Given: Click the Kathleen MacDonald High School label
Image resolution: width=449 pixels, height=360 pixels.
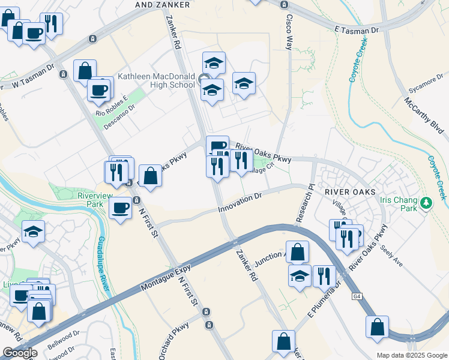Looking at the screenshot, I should pos(156,80).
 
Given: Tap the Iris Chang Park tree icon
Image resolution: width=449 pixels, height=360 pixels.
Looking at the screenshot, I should pos(427,203).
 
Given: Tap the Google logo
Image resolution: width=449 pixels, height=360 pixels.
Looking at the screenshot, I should pos(20,353).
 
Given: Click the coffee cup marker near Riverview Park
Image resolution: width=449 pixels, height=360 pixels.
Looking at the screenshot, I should pos(121,208).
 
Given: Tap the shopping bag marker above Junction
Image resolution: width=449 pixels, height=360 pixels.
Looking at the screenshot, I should pos(297,252).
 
